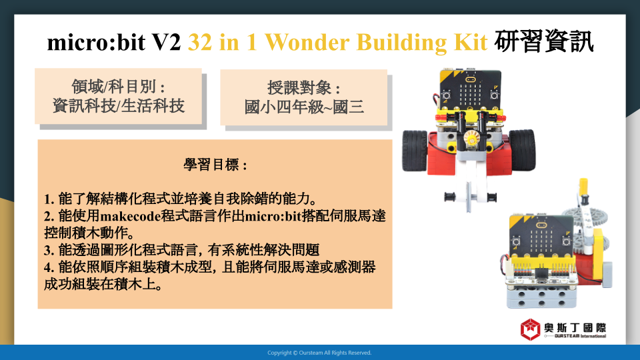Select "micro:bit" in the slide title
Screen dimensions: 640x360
click(96, 41)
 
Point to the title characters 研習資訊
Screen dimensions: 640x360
click(544, 41)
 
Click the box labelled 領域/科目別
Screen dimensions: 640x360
click(119, 96)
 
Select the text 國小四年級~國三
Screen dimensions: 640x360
click(304, 107)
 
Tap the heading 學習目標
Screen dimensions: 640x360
click(215, 165)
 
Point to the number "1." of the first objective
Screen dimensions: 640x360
click(49, 199)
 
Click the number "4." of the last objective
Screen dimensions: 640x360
click(49, 267)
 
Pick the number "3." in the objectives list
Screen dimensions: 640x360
click(49, 250)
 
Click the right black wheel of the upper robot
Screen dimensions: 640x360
click(522, 150)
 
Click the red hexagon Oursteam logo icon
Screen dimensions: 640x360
click(530, 329)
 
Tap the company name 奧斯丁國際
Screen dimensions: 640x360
click(575, 328)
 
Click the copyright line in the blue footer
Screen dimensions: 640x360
click(319, 353)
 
